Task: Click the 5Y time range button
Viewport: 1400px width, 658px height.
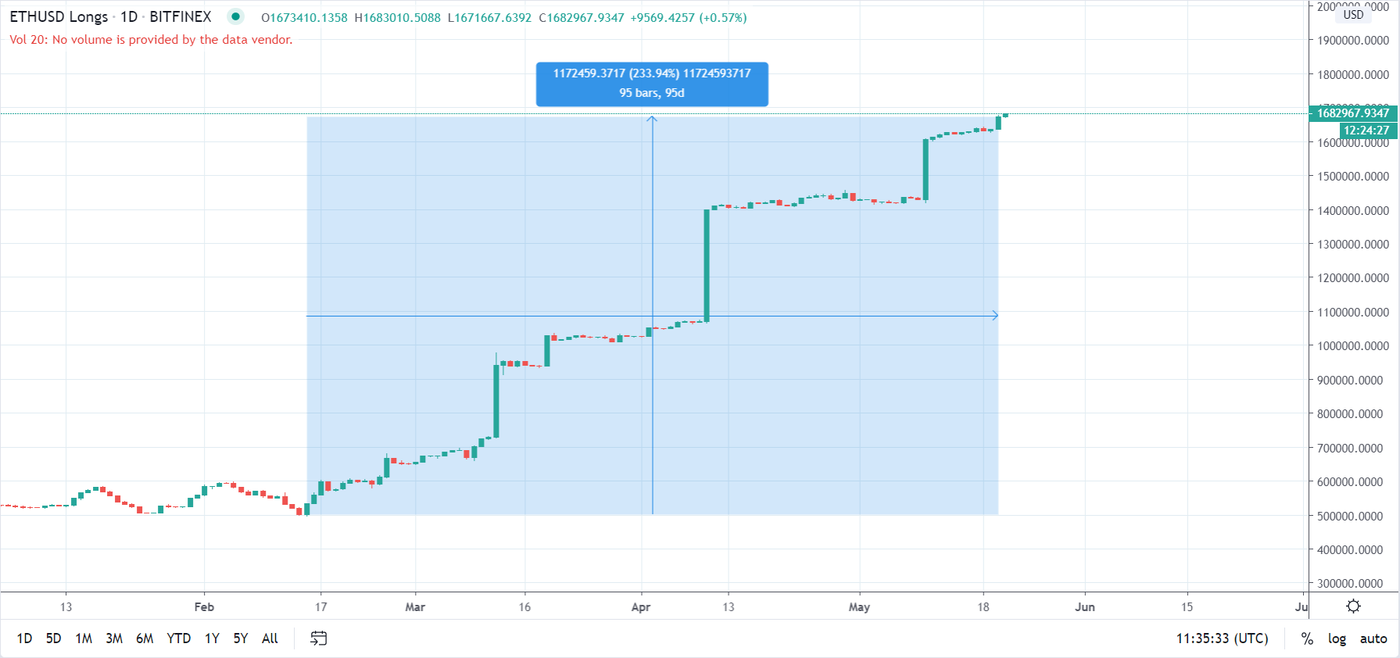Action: click(x=240, y=638)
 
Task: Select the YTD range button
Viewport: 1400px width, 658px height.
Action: click(x=178, y=638)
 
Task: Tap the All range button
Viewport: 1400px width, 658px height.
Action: click(x=270, y=638)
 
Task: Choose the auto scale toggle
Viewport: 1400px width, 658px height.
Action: click(x=1373, y=638)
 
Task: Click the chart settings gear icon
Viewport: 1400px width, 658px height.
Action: click(x=1353, y=606)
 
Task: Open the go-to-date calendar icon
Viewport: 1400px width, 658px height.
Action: click(x=318, y=638)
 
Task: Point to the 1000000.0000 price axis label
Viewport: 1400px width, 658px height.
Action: click(x=1352, y=346)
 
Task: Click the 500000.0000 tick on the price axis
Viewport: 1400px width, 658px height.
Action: click(x=1352, y=516)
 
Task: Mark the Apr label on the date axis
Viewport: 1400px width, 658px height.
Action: click(x=641, y=607)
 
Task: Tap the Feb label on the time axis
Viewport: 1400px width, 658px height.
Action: click(x=204, y=607)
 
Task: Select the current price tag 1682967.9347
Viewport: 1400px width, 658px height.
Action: click(x=1352, y=113)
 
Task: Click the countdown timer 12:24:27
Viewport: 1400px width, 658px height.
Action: click(x=1366, y=131)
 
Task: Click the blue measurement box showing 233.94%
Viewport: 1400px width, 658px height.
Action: click(x=652, y=84)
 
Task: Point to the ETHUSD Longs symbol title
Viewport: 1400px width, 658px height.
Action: click(x=59, y=17)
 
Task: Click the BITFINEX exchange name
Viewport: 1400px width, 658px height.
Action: click(x=181, y=17)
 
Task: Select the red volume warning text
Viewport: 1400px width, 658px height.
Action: click(x=151, y=40)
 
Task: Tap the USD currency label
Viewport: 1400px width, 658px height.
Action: click(x=1353, y=15)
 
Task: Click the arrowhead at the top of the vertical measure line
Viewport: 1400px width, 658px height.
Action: click(x=652, y=119)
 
